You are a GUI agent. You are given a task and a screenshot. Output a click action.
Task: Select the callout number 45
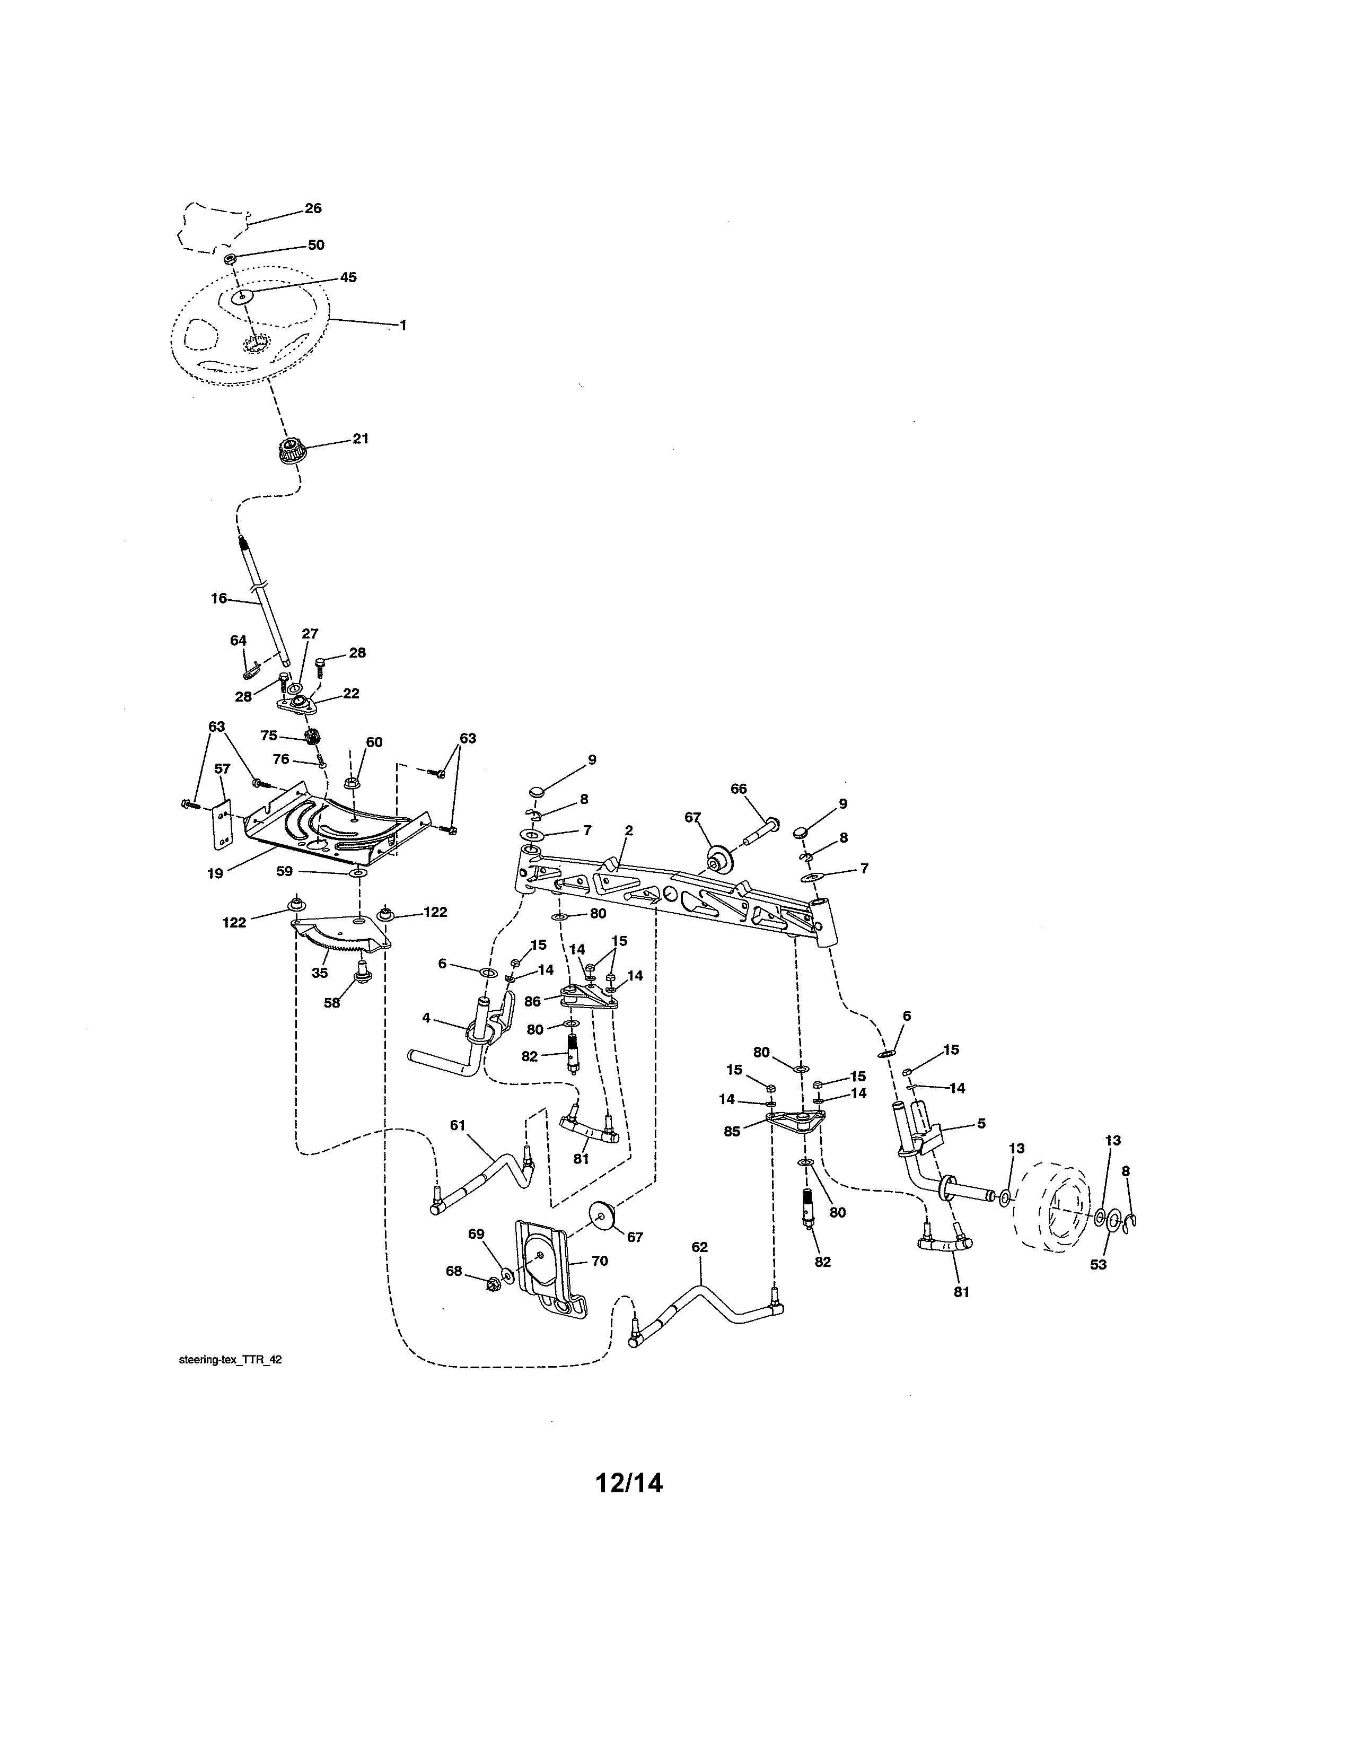[348, 277]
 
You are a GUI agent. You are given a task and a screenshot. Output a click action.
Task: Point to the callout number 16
[218, 598]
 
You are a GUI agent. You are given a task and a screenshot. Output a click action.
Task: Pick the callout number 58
[331, 1002]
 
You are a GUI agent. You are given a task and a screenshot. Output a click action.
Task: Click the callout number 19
[215, 873]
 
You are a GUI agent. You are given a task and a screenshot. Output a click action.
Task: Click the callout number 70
[599, 1261]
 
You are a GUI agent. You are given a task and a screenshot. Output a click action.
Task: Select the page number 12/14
[629, 1483]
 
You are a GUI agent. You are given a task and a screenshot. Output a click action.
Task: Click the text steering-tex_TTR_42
[230, 1360]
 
